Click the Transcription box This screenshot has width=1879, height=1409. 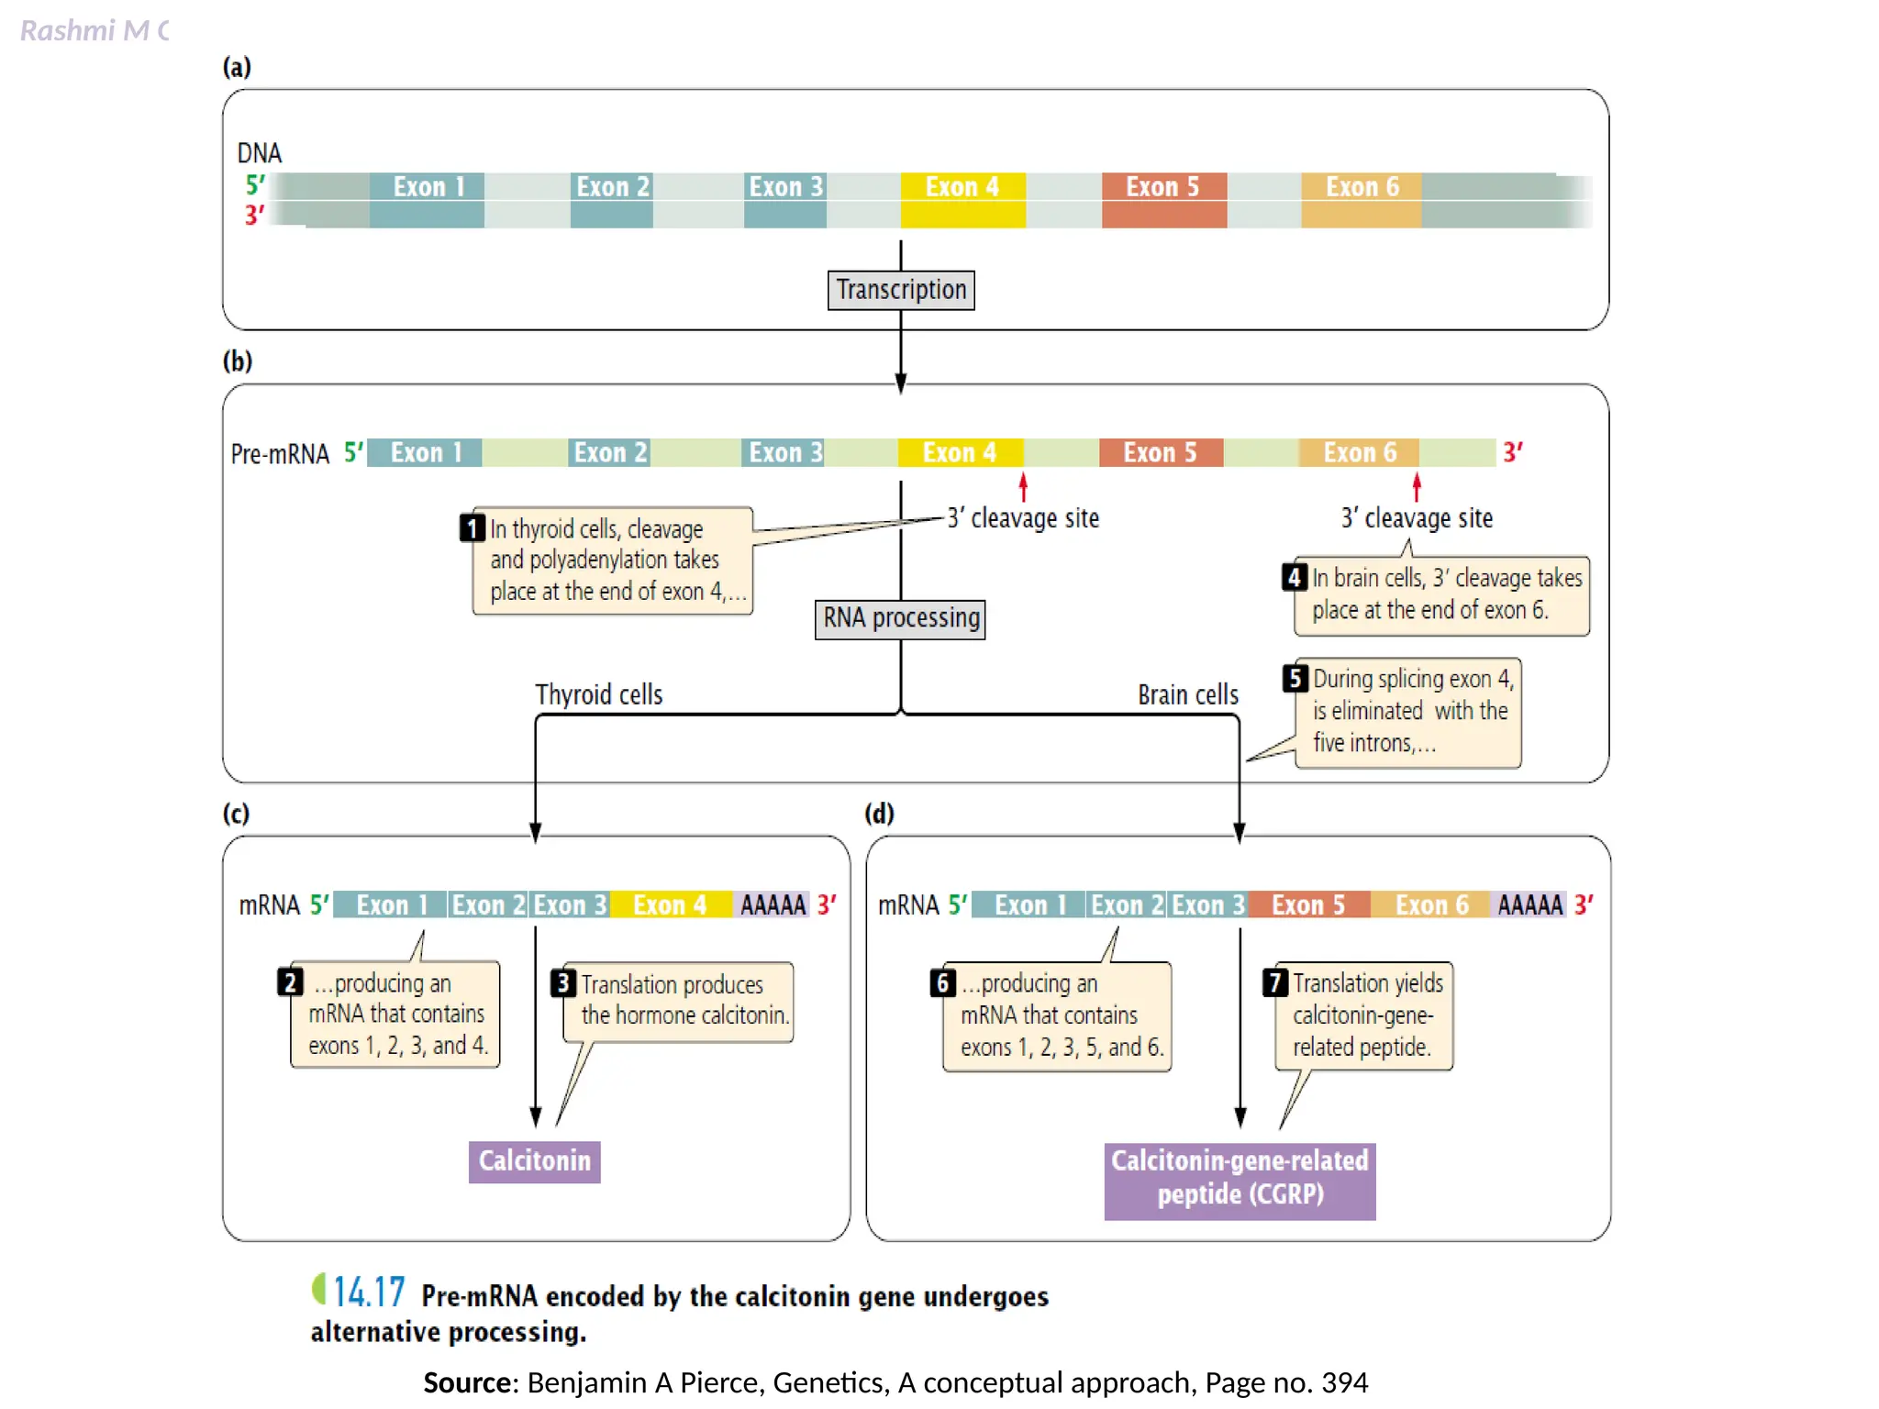[x=900, y=290]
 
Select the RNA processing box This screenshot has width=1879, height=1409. [x=900, y=618]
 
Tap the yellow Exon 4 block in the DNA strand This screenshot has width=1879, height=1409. [x=962, y=199]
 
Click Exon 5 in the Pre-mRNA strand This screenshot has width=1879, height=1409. [x=1160, y=452]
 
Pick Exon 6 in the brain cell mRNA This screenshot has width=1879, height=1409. [x=1430, y=904]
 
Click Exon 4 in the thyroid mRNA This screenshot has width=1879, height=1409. [x=670, y=904]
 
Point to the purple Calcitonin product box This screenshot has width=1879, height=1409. [x=534, y=1161]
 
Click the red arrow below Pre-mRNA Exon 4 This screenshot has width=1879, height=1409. [x=1023, y=486]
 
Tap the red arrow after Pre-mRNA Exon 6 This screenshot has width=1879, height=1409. [x=1417, y=486]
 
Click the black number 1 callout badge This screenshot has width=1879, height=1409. [x=472, y=527]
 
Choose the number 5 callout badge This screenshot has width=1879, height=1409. [x=1295, y=678]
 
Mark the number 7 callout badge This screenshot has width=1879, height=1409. [x=1275, y=982]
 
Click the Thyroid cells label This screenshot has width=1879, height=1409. [x=598, y=694]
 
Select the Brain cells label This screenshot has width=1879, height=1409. [x=1187, y=694]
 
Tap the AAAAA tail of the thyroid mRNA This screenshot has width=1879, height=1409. [x=772, y=904]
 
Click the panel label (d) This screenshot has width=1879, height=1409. [x=879, y=813]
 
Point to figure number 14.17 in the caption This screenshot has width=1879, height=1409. [x=368, y=1293]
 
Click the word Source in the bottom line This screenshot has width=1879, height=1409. [x=470, y=1382]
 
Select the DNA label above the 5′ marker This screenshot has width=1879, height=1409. [x=260, y=152]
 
